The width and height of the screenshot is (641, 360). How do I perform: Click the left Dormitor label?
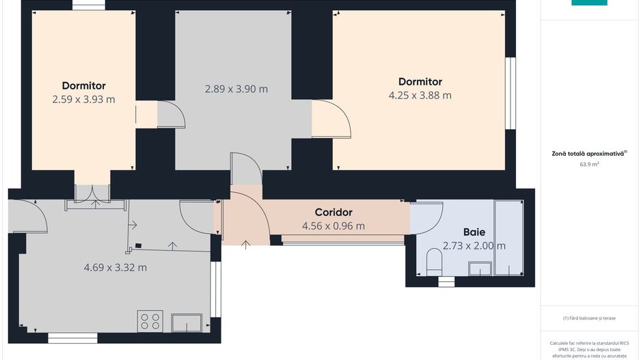pyautogui.click(x=83, y=86)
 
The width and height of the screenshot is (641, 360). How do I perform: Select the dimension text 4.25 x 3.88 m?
pyautogui.click(x=420, y=96)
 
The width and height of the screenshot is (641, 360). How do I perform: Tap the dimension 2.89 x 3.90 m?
pyautogui.click(x=236, y=89)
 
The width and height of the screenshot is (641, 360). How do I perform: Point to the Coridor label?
pyautogui.click(x=333, y=212)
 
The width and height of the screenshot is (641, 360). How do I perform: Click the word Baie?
pyautogui.click(x=474, y=232)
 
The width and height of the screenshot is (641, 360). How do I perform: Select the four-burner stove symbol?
pyautogui.click(x=150, y=321)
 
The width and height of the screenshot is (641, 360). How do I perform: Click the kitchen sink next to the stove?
pyautogui.click(x=187, y=322)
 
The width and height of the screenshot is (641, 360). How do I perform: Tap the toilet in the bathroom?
pyautogui.click(x=434, y=262)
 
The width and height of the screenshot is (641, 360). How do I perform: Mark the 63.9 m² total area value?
pyautogui.click(x=589, y=165)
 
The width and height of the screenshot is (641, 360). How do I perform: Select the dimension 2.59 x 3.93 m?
pyautogui.click(x=83, y=99)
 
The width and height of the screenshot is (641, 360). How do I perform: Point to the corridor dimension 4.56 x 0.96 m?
pyautogui.click(x=333, y=225)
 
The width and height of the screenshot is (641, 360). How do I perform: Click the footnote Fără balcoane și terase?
pyautogui.click(x=589, y=318)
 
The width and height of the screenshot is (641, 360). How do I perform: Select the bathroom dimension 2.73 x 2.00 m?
pyautogui.click(x=474, y=246)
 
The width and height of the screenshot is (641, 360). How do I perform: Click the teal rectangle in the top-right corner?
pyautogui.click(x=589, y=3)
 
